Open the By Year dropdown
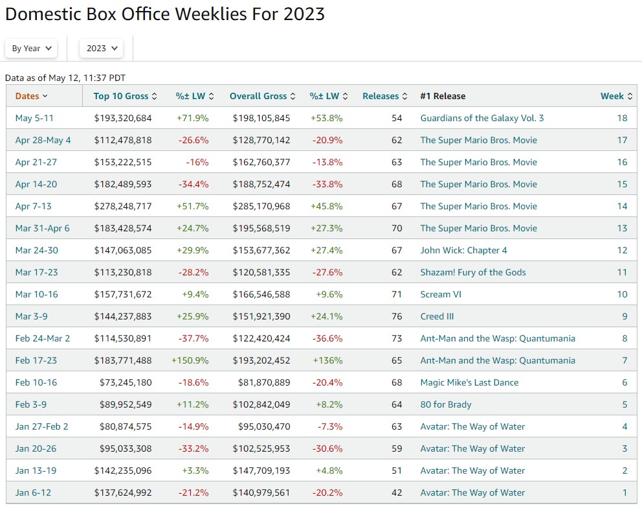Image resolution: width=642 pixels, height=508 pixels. click(31, 48)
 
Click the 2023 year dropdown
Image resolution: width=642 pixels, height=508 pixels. click(101, 48)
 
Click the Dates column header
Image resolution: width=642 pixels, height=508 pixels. click(31, 96)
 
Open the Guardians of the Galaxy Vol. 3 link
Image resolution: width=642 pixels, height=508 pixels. click(481, 118)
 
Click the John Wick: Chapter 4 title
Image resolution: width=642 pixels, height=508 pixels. click(463, 250)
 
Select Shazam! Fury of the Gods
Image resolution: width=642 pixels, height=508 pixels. click(472, 272)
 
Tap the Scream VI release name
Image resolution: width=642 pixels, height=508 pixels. click(444, 294)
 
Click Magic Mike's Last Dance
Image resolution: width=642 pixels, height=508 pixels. click(469, 382)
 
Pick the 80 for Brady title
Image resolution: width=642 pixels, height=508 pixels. click(445, 404)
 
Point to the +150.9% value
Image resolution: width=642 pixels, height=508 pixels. click(190, 360)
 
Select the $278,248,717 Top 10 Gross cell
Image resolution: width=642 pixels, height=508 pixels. click(123, 206)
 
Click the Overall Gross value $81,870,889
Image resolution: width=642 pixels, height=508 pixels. click(261, 382)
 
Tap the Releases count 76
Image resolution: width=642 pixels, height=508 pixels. click(396, 316)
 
